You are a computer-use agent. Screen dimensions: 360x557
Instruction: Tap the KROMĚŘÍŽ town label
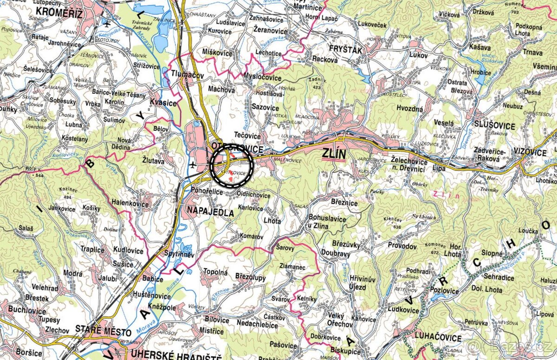tap(59, 12)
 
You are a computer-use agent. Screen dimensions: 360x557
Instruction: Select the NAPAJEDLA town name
tap(210, 212)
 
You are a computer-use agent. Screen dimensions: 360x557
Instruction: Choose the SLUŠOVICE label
tap(494, 126)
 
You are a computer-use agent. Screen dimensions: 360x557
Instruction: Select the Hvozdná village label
tap(409, 109)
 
